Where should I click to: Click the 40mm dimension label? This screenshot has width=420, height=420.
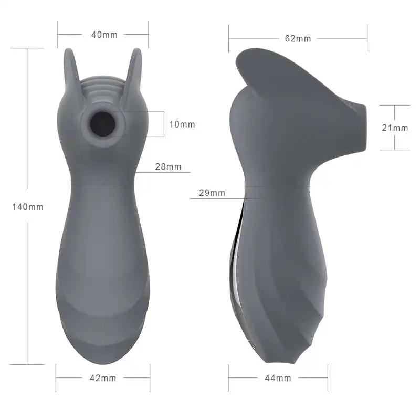pos(104,35)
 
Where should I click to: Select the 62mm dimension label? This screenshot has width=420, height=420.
pos(298,38)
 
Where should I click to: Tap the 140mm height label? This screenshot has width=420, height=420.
pos(28,207)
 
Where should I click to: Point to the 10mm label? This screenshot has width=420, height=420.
pos(182,124)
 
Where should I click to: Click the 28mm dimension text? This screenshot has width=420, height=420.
pos(168,167)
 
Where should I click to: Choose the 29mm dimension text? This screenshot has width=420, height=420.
pos(212,193)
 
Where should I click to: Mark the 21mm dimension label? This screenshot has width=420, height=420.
pos(395,128)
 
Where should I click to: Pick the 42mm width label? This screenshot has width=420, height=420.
pos(103,378)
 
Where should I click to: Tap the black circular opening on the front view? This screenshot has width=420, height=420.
pos(103,124)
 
